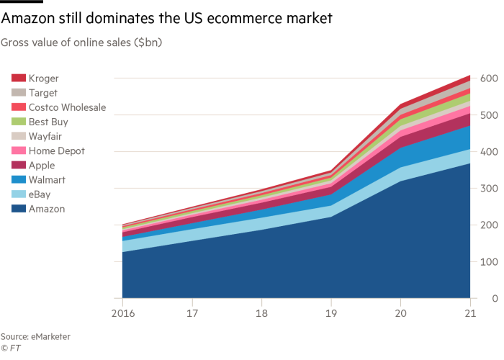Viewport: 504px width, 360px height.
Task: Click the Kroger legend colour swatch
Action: point(19,78)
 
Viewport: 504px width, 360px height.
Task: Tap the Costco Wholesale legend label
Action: point(68,107)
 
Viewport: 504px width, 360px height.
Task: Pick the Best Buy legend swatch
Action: point(19,122)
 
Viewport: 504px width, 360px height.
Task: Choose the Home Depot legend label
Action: point(57,150)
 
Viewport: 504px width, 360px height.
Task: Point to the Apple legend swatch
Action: point(19,166)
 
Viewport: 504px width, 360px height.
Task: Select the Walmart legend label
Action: point(48,180)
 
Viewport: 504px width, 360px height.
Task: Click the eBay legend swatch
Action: point(19,194)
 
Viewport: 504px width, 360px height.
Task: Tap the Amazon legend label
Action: point(48,209)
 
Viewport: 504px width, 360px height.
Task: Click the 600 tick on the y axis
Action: point(490,78)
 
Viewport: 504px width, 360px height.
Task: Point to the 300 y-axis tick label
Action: point(490,189)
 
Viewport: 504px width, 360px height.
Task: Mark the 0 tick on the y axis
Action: point(495,298)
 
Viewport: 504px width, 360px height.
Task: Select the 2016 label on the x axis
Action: point(122,314)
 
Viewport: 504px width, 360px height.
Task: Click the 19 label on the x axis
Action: point(331,314)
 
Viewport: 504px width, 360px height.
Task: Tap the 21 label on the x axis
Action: point(470,314)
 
